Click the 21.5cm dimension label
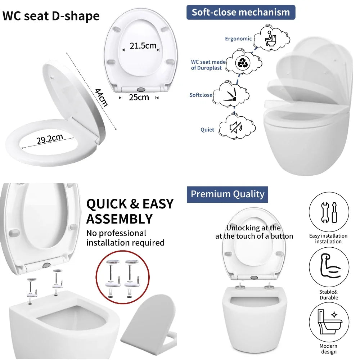[x=143, y=46]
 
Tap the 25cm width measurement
[x=139, y=97]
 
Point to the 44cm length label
[x=101, y=97]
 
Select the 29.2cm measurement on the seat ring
[x=49, y=139]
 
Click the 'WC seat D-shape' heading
[x=51, y=17]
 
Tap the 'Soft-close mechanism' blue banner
[x=240, y=12]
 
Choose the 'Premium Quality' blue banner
[x=227, y=194]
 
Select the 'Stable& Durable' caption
[x=329, y=295]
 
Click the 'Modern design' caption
[x=329, y=349]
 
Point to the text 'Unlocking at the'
[x=253, y=228]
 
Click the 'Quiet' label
[x=207, y=130]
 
